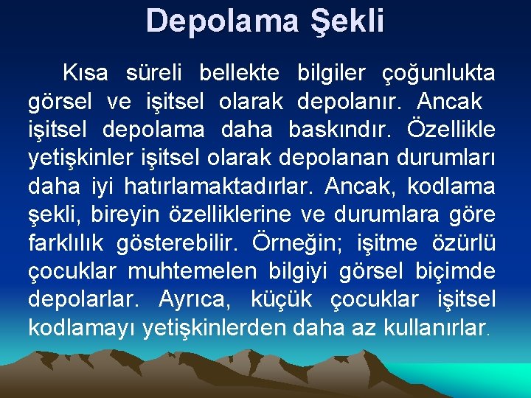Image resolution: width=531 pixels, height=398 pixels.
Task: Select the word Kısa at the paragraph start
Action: pos(86,73)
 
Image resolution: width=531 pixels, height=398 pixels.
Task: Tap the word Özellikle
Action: pos(451,129)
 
